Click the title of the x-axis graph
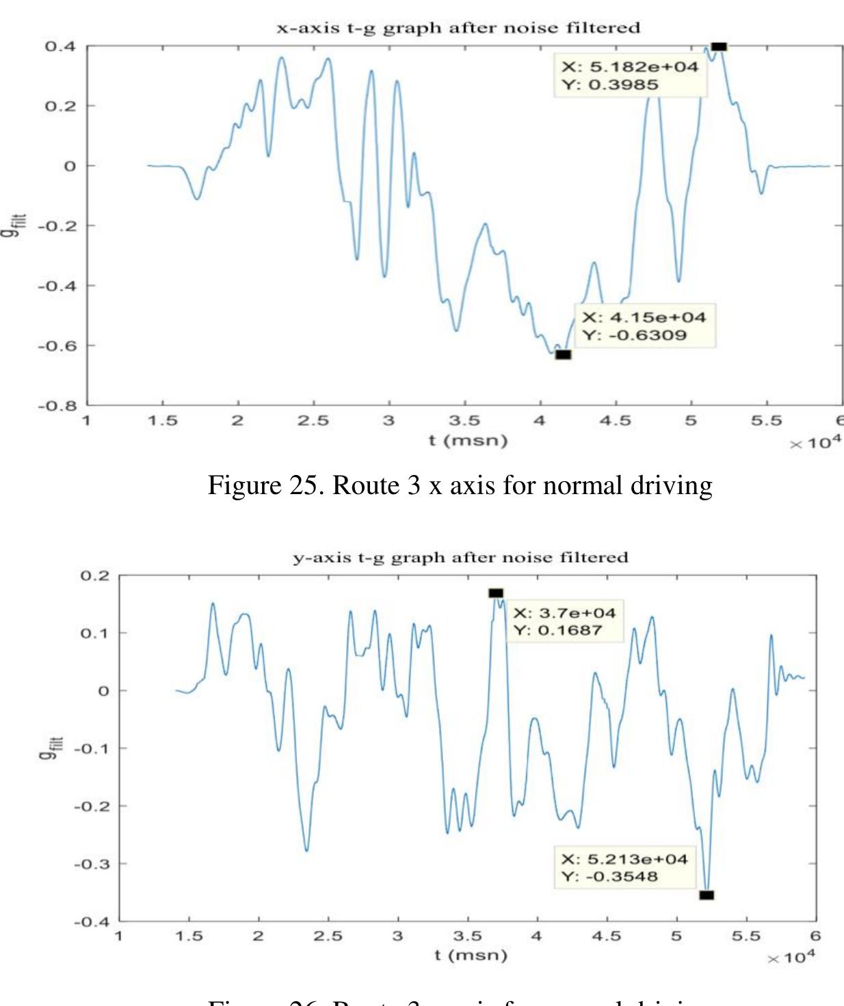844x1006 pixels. click(x=458, y=28)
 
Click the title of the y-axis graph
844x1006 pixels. click(x=460, y=558)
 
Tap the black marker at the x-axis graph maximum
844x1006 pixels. click(x=718, y=46)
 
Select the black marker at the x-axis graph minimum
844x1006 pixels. click(x=563, y=355)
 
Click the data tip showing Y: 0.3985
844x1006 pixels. click(x=630, y=76)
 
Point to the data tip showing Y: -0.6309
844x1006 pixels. click(x=644, y=326)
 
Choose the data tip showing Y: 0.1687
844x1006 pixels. click(x=564, y=621)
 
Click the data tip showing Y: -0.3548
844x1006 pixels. click(x=624, y=868)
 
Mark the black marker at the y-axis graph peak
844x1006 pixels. click(x=496, y=593)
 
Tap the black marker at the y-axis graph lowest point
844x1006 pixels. click(x=707, y=895)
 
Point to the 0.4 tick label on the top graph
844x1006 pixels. click(x=60, y=46)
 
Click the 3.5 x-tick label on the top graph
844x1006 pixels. click(x=464, y=421)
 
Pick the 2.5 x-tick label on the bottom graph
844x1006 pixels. click(x=328, y=936)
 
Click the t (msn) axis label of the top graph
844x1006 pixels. click(x=469, y=441)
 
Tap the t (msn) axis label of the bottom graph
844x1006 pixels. click(x=471, y=955)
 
